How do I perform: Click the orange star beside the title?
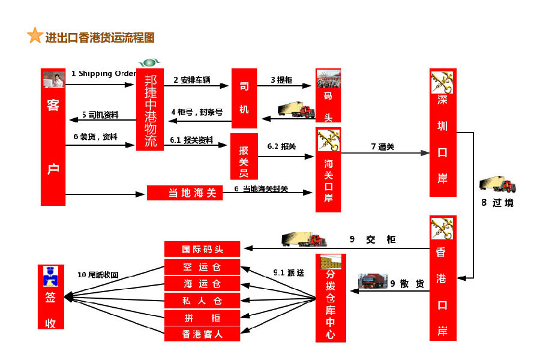35,35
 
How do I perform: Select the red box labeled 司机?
244,98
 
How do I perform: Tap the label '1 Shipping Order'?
103,73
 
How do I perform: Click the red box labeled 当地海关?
185,193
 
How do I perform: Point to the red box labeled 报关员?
244,157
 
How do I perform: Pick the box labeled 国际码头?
202,249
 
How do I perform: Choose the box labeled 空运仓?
202,266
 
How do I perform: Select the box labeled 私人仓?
202,301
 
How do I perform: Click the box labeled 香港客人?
202,334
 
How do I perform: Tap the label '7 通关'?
383,147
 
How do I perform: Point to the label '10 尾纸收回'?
98,275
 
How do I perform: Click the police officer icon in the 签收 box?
50,276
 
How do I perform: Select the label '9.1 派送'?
289,273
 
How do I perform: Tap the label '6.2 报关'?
281,146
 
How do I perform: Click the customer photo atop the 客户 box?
54,80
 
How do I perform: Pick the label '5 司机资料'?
100,115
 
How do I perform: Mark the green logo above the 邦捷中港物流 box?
149,62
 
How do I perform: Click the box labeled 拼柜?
202,317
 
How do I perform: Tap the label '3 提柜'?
281,80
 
